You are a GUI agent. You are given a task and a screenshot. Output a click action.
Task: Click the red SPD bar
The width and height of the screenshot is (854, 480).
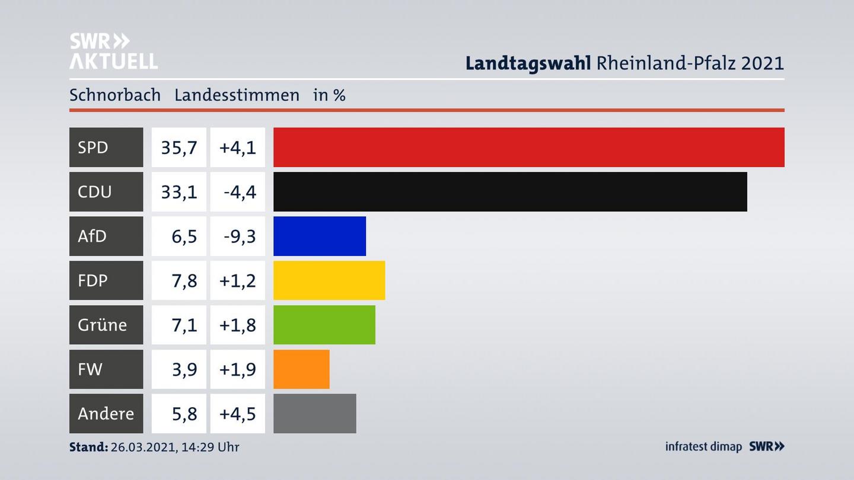528,147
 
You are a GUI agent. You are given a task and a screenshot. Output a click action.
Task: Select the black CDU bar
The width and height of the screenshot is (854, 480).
510,191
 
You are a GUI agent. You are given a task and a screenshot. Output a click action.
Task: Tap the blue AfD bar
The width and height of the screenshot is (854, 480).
319,236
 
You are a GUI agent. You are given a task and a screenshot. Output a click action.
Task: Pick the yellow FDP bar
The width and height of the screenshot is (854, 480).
329,280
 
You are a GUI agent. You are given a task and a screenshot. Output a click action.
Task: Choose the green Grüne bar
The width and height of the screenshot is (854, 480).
324,325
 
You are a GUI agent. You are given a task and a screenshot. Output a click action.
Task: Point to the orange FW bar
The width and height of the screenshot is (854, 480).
301,369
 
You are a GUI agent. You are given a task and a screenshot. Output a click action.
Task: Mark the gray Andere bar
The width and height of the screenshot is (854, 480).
314,414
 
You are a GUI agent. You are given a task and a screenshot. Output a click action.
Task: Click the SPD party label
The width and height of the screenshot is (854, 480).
93,147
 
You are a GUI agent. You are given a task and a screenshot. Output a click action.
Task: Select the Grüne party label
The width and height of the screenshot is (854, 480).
102,325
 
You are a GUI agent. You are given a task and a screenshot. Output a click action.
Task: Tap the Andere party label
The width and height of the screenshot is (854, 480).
106,414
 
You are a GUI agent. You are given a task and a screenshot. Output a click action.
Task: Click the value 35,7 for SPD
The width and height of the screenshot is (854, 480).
179,148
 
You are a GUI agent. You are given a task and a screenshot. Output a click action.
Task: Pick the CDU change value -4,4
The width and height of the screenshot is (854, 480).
240,192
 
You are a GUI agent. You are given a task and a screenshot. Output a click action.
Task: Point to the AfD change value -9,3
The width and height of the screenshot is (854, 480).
240,236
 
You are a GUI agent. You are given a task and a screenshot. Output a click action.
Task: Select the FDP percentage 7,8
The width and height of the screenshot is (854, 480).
184,281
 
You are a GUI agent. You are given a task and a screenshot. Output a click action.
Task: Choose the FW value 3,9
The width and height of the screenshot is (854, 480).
184,370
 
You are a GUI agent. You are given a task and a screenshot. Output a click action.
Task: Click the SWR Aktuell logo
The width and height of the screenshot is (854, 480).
113,51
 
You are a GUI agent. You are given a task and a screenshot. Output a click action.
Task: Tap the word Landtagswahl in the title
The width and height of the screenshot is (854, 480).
528,63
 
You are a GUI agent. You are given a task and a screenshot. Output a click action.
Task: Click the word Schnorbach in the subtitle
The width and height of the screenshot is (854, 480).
115,95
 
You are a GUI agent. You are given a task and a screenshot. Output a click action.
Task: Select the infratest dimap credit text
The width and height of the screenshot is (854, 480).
703,447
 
